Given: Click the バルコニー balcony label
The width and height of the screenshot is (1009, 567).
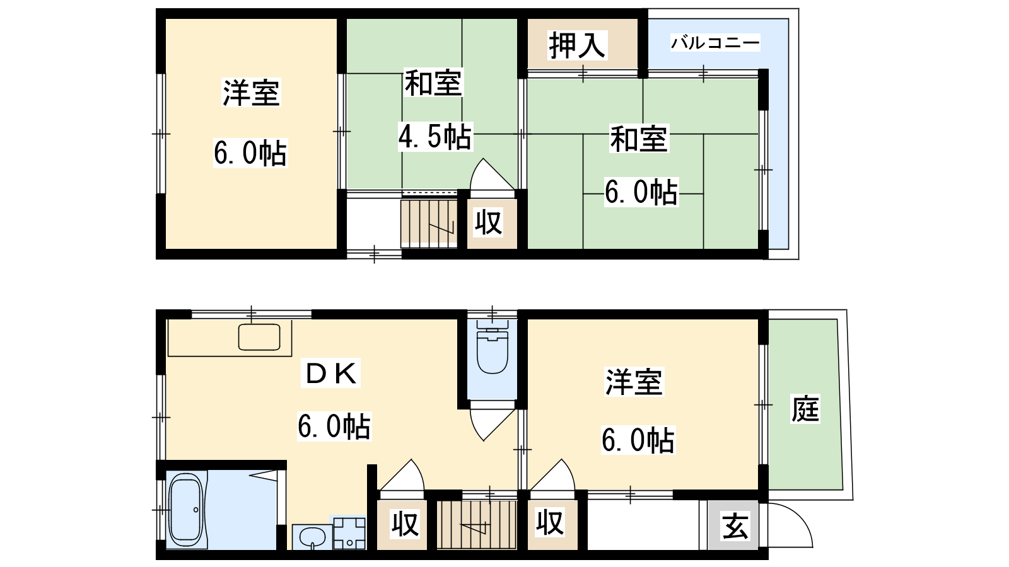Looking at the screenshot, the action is [x=715, y=43].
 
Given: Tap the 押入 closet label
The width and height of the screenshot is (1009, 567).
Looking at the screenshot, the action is [x=576, y=45].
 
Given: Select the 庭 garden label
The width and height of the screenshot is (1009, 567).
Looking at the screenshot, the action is [x=805, y=409].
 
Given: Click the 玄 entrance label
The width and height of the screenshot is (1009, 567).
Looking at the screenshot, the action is [x=735, y=525].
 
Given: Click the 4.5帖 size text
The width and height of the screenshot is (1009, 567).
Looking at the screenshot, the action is [x=435, y=136].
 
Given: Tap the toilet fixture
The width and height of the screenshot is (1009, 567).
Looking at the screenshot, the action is [x=493, y=347].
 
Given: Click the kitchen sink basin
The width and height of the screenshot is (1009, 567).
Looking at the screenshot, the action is [x=259, y=337].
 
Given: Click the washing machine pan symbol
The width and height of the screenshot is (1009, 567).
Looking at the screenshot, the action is [x=349, y=533].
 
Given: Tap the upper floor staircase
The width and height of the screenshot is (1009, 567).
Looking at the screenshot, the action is [x=429, y=224].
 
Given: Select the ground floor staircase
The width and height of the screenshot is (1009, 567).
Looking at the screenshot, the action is [x=477, y=525].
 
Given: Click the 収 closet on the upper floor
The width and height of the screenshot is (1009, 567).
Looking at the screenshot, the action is [x=488, y=222].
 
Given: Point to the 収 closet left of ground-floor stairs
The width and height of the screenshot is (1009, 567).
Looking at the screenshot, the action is [x=405, y=524].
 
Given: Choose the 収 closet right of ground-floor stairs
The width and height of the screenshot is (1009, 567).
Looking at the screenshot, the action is [x=550, y=524].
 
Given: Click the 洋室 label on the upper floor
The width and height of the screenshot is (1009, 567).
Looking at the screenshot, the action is [x=252, y=93].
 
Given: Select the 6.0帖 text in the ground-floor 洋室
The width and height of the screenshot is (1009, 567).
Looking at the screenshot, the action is [x=638, y=440].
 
